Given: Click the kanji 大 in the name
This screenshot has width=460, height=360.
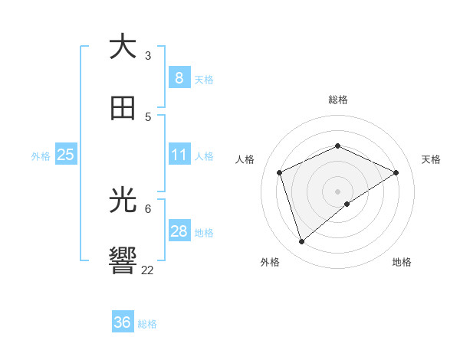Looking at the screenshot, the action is point(123,47).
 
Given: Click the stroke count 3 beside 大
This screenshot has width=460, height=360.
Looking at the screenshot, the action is point(148,55).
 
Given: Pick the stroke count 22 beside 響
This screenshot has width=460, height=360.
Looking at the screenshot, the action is point(148,270).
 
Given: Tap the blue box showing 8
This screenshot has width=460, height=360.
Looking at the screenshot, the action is point(179,78).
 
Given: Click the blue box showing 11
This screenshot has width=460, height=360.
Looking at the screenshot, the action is point(179,155).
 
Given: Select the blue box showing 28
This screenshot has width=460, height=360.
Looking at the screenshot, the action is point(179,231).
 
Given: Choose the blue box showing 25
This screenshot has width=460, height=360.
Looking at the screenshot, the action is point(65,155).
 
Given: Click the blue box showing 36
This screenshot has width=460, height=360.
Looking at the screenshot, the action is point(123,322).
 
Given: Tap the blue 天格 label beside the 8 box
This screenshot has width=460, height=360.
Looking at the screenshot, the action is point(204,80).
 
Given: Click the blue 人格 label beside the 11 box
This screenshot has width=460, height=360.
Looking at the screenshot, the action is point(204,156).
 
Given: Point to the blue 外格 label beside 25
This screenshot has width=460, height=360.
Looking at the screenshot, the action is point(41,156).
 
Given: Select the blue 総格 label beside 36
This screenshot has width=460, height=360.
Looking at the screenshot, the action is point(148,324).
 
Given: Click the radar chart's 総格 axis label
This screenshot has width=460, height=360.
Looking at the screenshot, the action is point(337,100).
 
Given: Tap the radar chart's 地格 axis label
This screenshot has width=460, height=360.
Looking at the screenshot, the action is point(402,262).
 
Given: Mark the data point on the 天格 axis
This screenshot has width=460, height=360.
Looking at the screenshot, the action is point(396,172).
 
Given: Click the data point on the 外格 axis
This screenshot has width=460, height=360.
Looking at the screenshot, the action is point(301,242).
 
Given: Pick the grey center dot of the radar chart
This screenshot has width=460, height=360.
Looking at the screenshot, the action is point(337,191).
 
